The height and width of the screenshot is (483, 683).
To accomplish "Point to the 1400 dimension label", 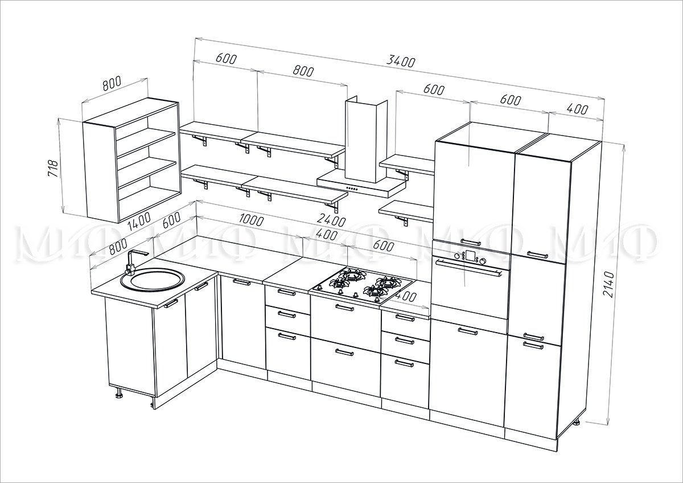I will coord(139,220).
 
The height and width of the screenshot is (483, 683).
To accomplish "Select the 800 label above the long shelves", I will coord(303,71).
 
